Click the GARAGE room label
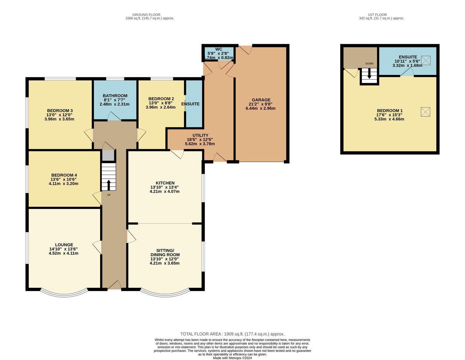pyautogui.click(x=261, y=100)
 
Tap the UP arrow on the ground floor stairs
pyautogui.click(x=108, y=185)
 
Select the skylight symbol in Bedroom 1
pyautogui.click(x=426, y=112)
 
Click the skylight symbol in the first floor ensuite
pyautogui.click(x=426, y=60)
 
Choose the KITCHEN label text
pyautogui.click(x=165, y=183)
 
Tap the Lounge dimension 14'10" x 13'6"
pyautogui.click(x=63, y=249)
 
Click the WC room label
pyautogui.click(x=219, y=49)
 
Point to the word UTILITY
pyautogui.click(x=200, y=135)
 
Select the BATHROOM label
pyautogui.click(x=115, y=96)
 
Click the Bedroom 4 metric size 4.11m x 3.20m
pyautogui.click(x=63, y=184)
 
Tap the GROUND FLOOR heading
pyautogui.click(x=146, y=15)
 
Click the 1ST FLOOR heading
pyautogui.click(x=377, y=15)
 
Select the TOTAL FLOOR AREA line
pyautogui.click(x=232, y=334)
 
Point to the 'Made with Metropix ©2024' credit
pyautogui.click(x=232, y=358)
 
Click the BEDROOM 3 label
pyautogui.click(x=60, y=111)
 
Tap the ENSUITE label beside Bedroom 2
pyautogui.click(x=190, y=104)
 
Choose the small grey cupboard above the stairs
pyautogui.click(x=108, y=155)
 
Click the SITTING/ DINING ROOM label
pyautogui.click(x=165, y=253)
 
